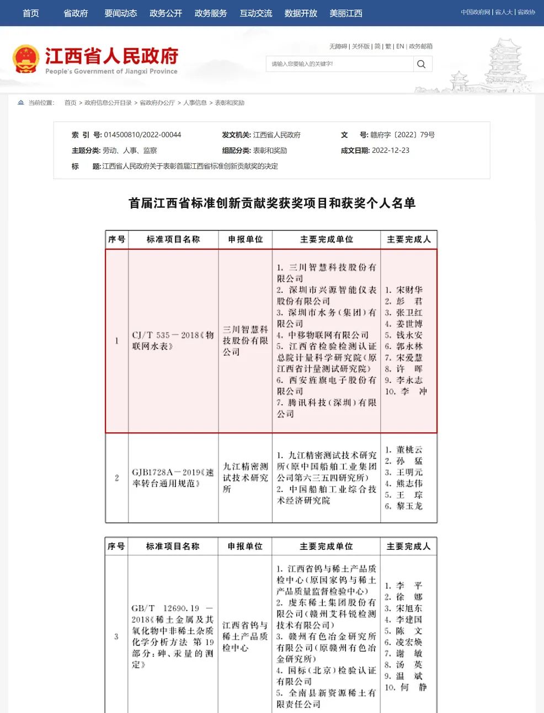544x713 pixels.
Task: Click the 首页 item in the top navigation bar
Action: [x=31, y=13]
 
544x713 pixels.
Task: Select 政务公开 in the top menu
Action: [x=166, y=13]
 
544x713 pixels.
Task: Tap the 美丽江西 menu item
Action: [x=346, y=13]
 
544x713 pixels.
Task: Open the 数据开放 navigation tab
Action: [x=301, y=13]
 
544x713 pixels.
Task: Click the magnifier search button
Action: [x=422, y=64]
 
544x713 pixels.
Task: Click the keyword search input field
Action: [x=339, y=64]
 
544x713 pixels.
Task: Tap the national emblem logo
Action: [x=25, y=59]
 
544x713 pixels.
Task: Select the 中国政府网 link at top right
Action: [x=475, y=12]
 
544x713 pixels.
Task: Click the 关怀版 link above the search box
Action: [x=361, y=46]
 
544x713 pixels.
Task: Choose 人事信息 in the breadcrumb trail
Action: [x=195, y=103]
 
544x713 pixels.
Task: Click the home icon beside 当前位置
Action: [x=21, y=103]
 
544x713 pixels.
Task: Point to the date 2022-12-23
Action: [x=391, y=151]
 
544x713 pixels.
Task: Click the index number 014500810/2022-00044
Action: [x=142, y=135]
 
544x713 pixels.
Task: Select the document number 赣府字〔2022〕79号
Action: [x=402, y=135]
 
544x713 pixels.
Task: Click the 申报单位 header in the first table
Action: [x=246, y=239]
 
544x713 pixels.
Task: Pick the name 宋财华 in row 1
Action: [x=409, y=290]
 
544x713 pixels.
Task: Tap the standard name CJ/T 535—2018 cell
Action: [x=173, y=340]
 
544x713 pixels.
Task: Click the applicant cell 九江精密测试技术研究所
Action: [x=245, y=478]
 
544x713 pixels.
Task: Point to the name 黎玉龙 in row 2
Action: [x=409, y=506]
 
